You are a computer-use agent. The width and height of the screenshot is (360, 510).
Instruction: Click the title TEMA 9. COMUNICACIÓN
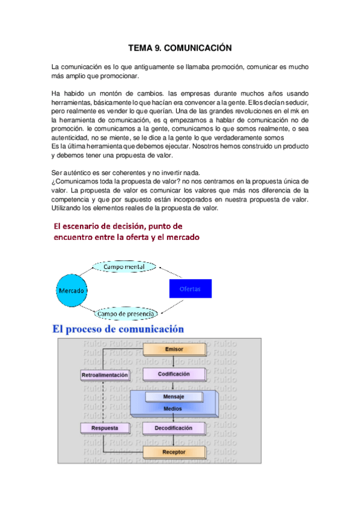180,47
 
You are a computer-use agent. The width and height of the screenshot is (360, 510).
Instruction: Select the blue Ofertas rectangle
190,289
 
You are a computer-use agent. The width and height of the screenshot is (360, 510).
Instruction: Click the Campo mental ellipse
124,266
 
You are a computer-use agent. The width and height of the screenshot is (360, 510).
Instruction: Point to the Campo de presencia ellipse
126,313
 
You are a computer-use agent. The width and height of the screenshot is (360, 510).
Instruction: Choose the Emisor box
174,349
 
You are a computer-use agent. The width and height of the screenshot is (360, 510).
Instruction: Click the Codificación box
174,374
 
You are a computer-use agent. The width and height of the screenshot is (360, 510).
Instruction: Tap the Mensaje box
173,397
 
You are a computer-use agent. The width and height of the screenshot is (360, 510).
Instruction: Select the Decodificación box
174,428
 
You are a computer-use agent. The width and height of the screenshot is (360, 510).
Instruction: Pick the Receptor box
174,452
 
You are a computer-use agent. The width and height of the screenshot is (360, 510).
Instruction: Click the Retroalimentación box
105,375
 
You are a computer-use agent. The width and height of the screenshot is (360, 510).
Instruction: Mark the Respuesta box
105,428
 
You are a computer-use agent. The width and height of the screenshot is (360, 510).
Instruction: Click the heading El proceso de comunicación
118,329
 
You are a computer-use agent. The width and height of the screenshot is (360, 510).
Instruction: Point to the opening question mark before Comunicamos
54,181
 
